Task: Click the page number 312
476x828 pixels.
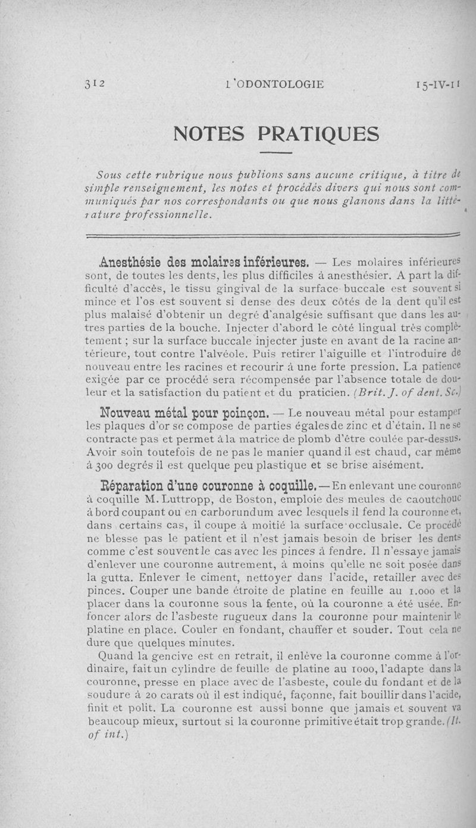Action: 95,84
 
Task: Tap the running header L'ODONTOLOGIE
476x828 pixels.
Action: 274,84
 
